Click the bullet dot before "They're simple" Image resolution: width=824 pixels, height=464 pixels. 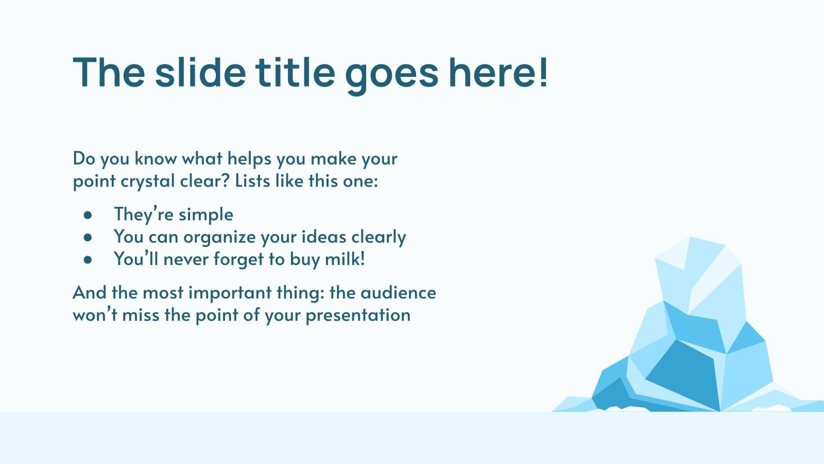[88, 214]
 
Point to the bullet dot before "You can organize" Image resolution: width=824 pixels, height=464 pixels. [88, 237]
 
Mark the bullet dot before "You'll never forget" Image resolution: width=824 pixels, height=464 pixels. [88, 260]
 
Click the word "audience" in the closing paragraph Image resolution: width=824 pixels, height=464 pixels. [398, 293]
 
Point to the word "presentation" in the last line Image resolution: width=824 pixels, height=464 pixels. [358, 316]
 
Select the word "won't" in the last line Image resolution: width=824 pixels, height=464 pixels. [95, 315]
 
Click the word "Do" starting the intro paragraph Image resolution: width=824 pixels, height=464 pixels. [84, 158]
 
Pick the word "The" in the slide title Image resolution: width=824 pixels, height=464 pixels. [109, 72]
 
